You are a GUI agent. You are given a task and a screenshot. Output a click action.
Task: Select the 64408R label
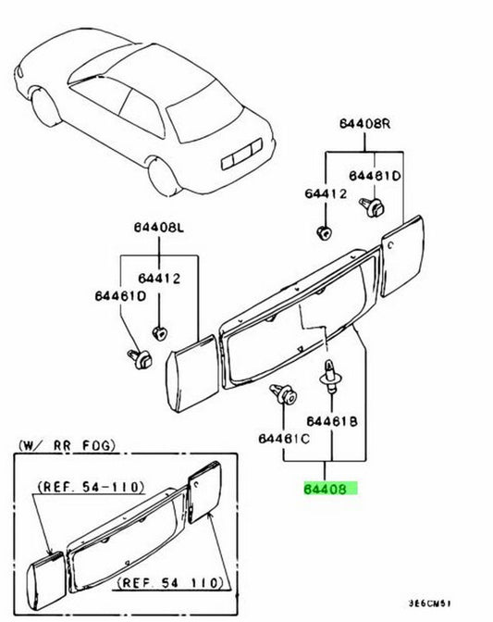tap(364, 124)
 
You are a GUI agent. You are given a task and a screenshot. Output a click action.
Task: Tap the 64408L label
tap(158, 228)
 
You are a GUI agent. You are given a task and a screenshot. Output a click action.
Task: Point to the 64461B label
tap(332, 421)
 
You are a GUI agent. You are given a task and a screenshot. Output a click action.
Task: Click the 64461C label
tap(284, 439)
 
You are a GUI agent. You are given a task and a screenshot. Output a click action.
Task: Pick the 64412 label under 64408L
tap(159, 279)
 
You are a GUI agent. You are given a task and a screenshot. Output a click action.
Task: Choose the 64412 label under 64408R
tap(326, 193)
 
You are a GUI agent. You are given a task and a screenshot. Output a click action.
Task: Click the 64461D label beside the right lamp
tap(375, 176)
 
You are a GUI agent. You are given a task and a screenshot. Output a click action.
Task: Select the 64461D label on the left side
tap(120, 296)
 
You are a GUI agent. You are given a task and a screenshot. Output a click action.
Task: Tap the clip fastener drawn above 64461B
tap(329, 376)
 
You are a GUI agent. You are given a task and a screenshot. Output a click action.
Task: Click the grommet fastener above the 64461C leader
tap(283, 394)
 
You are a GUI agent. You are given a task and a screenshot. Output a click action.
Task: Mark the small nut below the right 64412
tap(325, 233)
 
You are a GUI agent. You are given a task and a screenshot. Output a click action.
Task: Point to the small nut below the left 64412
tap(159, 332)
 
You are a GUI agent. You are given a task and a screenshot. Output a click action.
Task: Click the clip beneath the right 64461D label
tap(372, 207)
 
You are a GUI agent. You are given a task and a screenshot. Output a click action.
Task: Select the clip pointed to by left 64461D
tap(140, 358)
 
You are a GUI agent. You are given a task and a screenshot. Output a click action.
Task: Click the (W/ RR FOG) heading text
tap(67, 445)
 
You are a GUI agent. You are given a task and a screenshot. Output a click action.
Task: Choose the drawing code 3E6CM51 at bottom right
tap(429, 603)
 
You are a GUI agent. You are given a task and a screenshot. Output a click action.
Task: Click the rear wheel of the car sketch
tap(164, 177)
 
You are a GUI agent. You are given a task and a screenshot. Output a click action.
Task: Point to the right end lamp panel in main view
tap(401, 255)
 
